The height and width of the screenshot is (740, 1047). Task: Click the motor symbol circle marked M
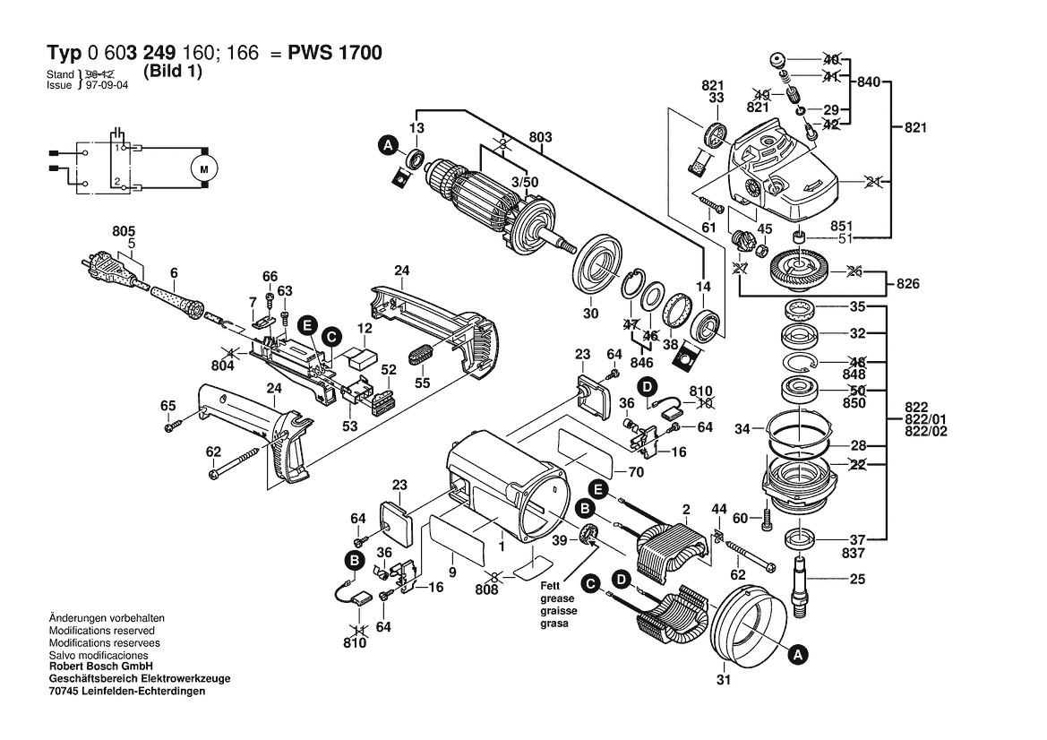[x=202, y=168]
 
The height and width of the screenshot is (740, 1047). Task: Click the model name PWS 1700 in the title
[x=335, y=53]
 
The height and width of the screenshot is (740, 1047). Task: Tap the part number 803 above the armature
[x=541, y=137]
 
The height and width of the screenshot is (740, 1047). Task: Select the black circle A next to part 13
[x=388, y=144]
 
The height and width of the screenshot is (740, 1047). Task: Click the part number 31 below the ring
[x=724, y=680]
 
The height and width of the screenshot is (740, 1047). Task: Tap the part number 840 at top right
[x=869, y=82]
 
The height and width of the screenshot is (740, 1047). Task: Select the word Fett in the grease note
[x=550, y=585]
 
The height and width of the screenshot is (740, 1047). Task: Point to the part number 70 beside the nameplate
[x=636, y=471]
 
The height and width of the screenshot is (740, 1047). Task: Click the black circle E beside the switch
[x=307, y=324]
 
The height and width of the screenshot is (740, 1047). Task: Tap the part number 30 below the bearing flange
[x=589, y=314]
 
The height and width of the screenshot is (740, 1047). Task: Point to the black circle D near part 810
[x=646, y=388]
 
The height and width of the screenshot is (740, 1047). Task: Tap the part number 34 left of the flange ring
[x=742, y=429]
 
